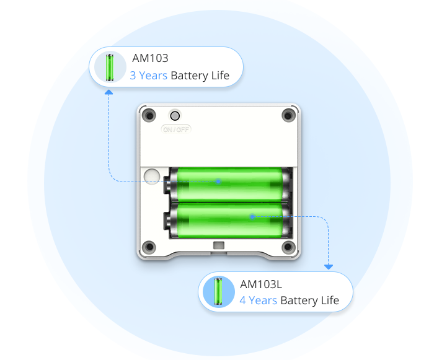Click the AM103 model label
pos(151,59)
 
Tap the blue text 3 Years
pos(149,76)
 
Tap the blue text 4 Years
pos(259,301)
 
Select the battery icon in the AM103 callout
pos(110,67)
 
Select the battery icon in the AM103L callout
pos(218,292)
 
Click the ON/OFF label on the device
pos(176,129)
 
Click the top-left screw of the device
pos(149,116)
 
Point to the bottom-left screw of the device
pos(149,248)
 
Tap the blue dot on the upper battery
pos(218,182)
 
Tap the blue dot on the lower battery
pos(252,216)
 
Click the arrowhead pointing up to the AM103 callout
pos(109,92)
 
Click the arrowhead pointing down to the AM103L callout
pos(329,266)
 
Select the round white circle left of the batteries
pos(151,177)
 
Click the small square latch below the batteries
pos(218,246)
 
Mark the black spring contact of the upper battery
pos(169,183)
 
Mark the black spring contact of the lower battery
pos(169,221)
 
